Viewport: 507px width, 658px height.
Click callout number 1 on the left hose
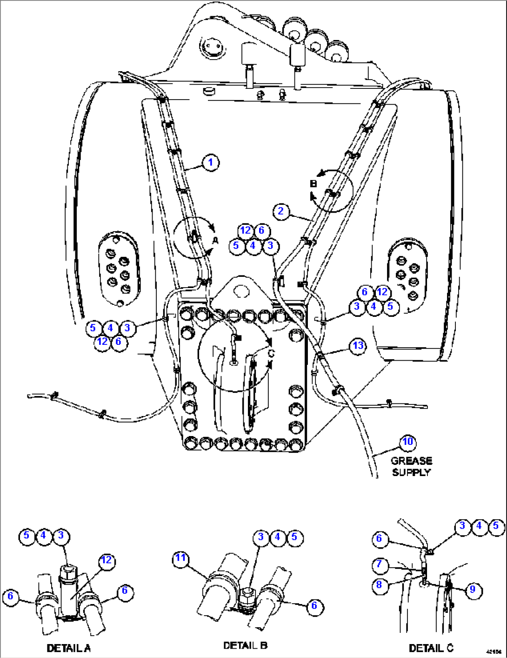click(x=211, y=162)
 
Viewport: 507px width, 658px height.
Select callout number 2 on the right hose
click(x=280, y=211)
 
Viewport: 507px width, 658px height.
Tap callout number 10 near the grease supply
click(x=407, y=442)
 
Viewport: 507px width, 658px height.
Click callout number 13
click(x=358, y=345)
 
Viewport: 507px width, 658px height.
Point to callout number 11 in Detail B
click(x=180, y=558)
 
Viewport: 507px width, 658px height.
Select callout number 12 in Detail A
click(x=107, y=560)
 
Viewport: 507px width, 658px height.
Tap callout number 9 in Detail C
click(x=473, y=590)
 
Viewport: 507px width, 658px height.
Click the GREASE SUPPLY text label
click(x=411, y=466)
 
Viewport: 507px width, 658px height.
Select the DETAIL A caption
click(x=68, y=648)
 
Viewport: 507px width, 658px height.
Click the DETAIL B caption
click(x=245, y=645)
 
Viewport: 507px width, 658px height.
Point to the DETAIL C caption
click(x=431, y=648)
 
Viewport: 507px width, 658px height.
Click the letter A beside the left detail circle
click(x=215, y=241)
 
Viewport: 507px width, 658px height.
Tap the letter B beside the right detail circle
click(x=313, y=184)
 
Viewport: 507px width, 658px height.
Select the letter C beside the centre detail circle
click(x=271, y=354)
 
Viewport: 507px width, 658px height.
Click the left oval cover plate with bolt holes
click(x=118, y=269)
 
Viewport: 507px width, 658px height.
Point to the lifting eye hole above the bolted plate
click(x=240, y=291)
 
